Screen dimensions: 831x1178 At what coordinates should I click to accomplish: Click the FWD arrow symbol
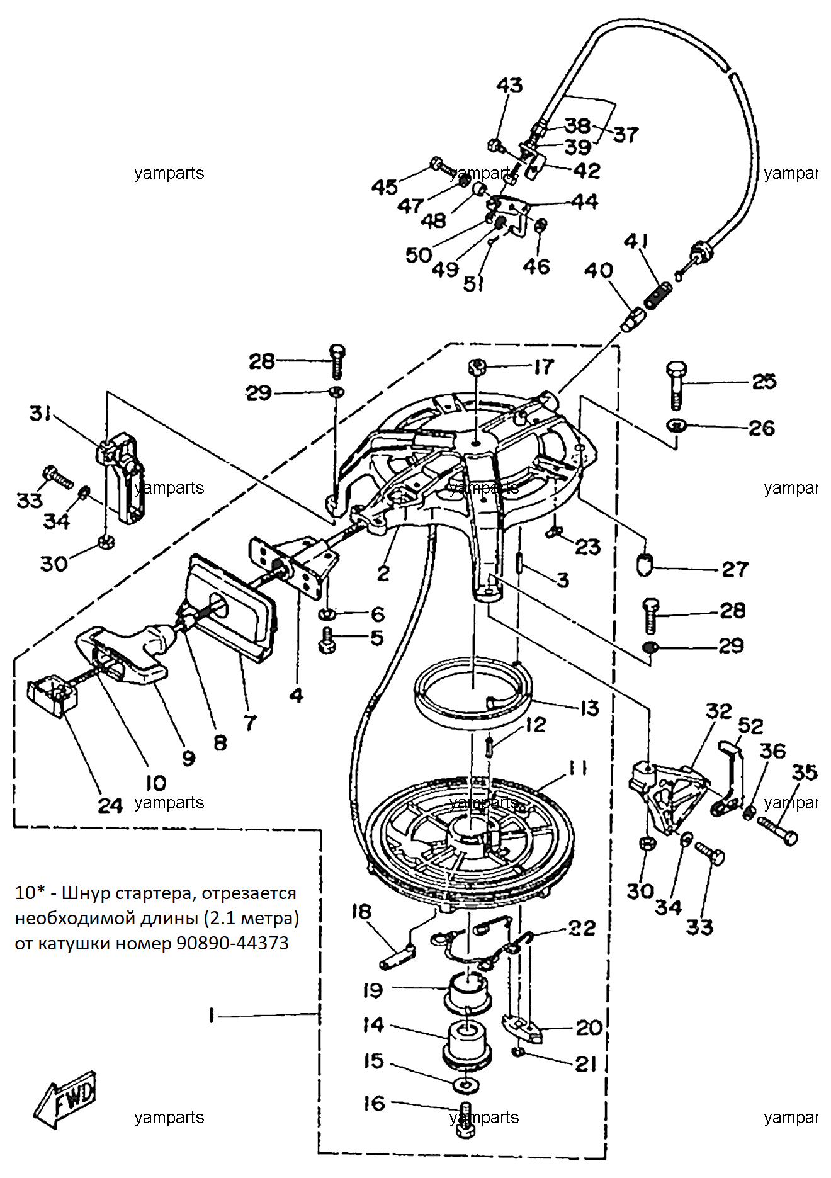65,1099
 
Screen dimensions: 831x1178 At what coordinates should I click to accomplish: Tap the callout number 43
509,85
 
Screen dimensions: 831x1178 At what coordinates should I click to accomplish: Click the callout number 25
764,381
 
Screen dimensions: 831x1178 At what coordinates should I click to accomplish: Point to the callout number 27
735,569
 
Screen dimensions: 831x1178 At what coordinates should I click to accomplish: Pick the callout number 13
589,708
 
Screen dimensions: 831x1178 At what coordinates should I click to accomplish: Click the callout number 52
750,726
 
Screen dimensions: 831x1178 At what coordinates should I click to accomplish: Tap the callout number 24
110,805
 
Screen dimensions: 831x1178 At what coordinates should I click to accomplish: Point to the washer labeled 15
465,1085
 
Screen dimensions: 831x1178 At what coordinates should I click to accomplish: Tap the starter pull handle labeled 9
126,655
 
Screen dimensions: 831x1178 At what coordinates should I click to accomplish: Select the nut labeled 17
477,366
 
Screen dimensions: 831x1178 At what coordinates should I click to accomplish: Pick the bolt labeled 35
777,830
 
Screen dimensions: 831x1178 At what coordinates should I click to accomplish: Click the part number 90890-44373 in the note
232,943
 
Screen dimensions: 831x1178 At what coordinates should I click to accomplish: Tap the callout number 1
212,1015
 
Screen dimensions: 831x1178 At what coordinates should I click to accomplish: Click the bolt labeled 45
443,167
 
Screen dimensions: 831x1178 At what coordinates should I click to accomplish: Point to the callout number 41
636,241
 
